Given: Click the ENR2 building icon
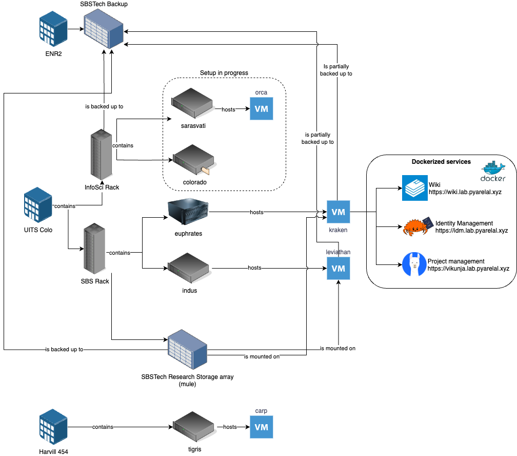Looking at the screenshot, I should (53, 29).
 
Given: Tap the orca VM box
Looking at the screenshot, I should (262, 109).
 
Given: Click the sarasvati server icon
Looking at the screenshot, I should (193, 103).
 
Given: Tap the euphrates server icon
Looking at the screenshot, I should (188, 212).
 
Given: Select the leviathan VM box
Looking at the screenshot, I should (339, 269).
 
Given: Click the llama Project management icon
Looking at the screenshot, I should (414, 264).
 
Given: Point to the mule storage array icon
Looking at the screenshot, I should (187, 352).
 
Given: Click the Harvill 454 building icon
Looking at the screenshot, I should (53, 427).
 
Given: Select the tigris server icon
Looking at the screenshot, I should (193, 427).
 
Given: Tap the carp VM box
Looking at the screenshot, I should (262, 427).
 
